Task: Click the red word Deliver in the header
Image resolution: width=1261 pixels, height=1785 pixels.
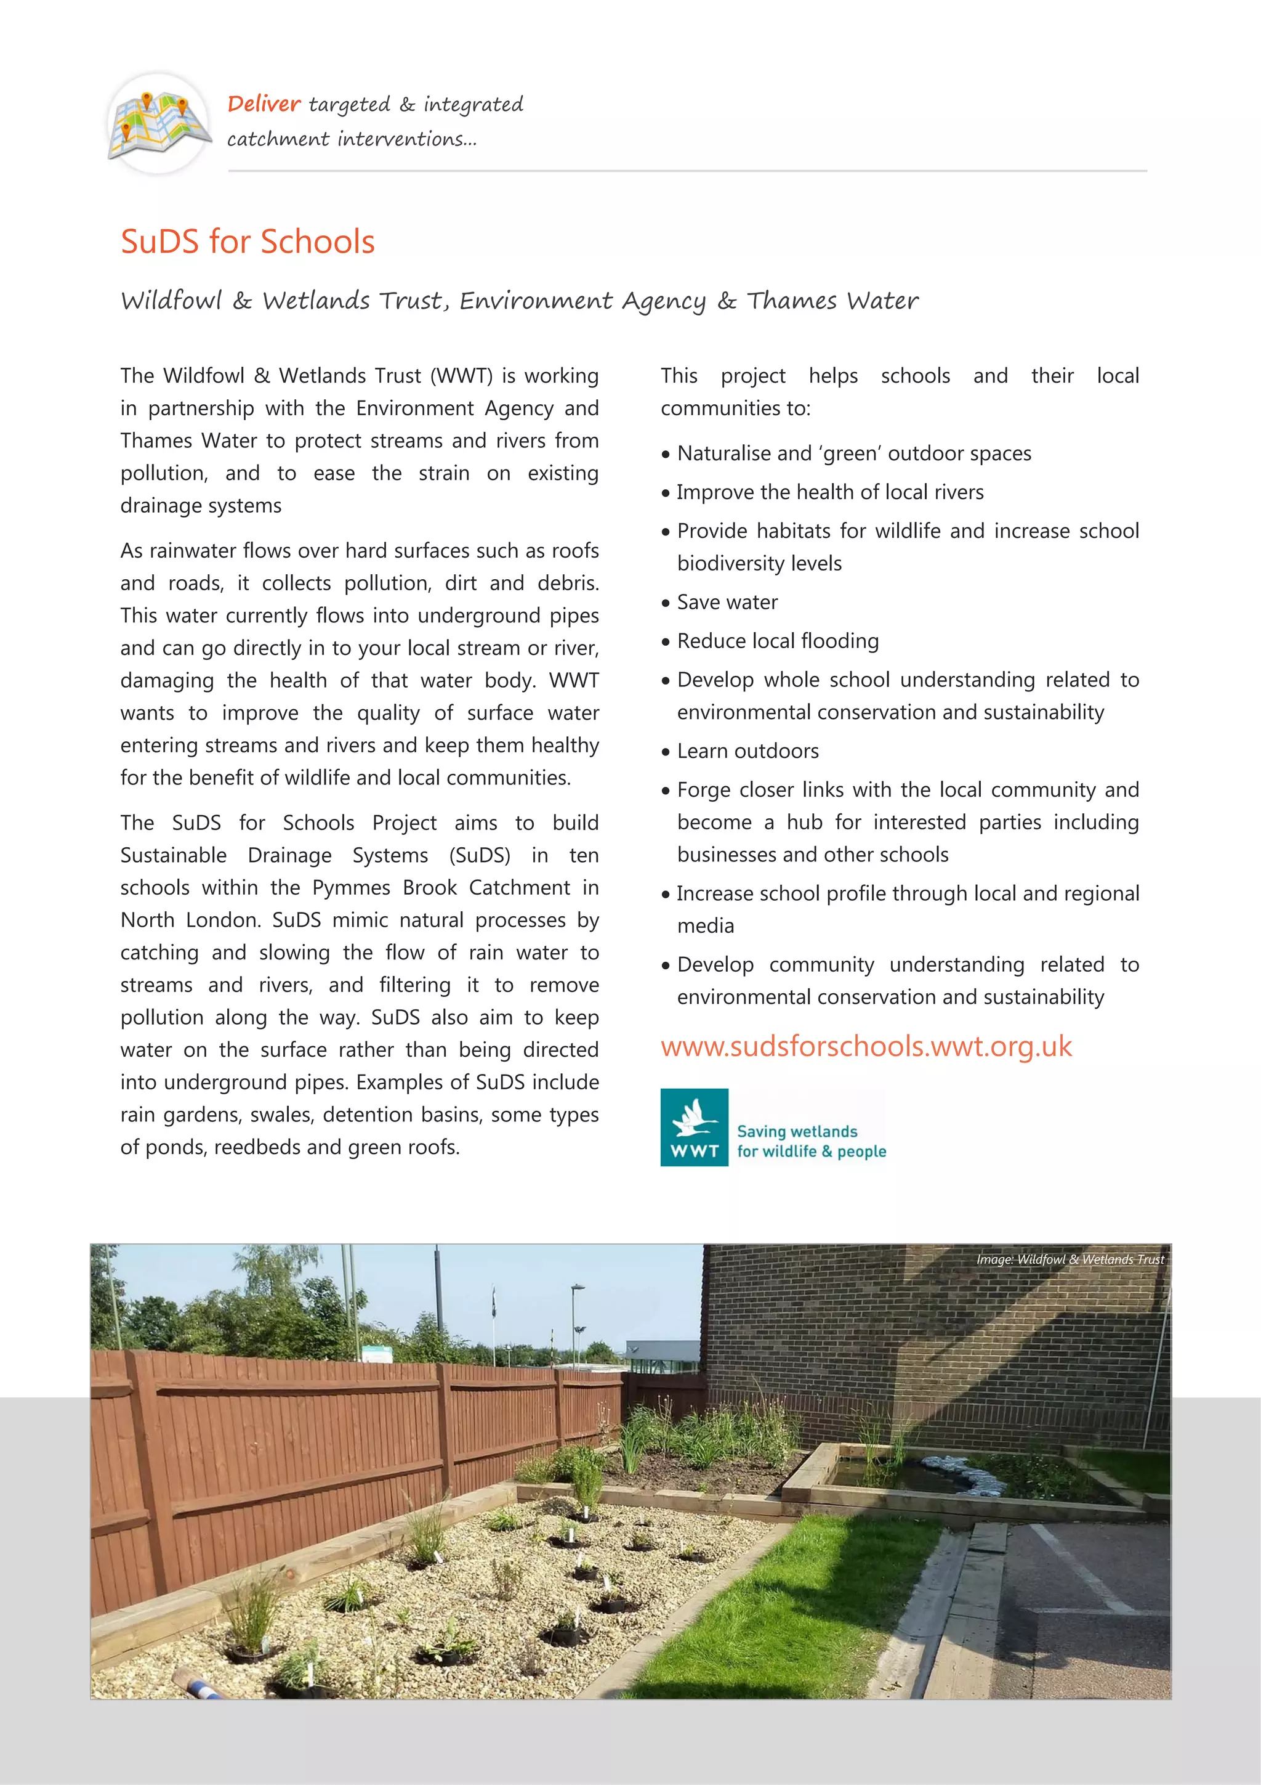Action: [x=264, y=104]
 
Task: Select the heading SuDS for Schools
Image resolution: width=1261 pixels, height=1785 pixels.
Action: [x=247, y=241]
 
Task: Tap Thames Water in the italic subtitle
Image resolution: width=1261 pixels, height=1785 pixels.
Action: [x=832, y=301]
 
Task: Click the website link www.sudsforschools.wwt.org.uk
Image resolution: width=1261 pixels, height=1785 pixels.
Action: [x=866, y=1046]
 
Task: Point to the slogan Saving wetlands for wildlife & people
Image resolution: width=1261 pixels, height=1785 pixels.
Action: [x=810, y=1141]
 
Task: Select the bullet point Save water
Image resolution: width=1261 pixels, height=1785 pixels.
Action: [x=727, y=603]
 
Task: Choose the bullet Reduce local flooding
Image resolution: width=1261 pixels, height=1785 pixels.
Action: [x=777, y=641]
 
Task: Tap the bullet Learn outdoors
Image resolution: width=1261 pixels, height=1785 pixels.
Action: [x=747, y=752]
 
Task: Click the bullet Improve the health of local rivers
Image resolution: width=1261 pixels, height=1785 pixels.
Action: [x=829, y=492]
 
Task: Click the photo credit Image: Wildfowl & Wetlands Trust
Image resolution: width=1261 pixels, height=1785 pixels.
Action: [x=1070, y=1259]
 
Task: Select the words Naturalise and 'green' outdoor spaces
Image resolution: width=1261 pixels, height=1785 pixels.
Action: [x=853, y=453]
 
